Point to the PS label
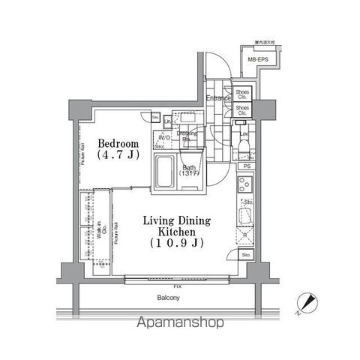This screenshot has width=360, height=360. click(247, 166)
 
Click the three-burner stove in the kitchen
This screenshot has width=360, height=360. click(245, 183)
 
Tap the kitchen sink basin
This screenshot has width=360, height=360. click(246, 218)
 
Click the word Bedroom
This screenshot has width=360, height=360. click(117, 142)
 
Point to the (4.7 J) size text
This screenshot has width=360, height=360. click(117, 156)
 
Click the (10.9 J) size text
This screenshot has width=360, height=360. click(177, 244)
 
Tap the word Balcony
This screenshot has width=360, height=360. click(168, 298)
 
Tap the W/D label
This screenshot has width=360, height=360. click(163, 138)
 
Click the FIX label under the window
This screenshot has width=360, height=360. click(176, 286)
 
